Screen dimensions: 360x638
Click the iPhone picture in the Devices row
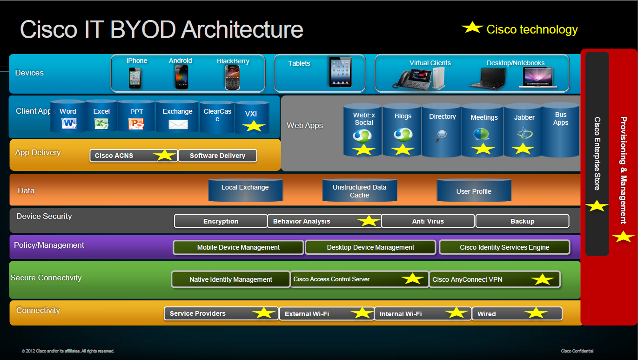coord(135,77)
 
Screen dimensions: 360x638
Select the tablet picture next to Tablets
coord(340,72)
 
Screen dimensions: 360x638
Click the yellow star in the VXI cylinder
coord(254,126)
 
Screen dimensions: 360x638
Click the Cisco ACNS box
coord(134,156)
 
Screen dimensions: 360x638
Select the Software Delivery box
coord(217,156)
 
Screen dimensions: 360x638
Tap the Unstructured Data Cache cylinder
coord(359,191)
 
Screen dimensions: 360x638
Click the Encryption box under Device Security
coord(221,221)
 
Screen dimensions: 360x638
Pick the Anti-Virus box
coord(428,221)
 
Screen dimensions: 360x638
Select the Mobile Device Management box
coord(238,247)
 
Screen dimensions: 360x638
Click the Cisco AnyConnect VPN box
coord(494,279)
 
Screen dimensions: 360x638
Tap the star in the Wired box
coord(536,313)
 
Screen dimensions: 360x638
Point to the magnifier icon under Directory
coord(441,135)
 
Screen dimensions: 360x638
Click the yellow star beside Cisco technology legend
coord(472,28)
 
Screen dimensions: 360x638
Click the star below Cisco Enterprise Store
coord(597,205)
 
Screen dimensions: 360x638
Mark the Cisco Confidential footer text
coord(577,351)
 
